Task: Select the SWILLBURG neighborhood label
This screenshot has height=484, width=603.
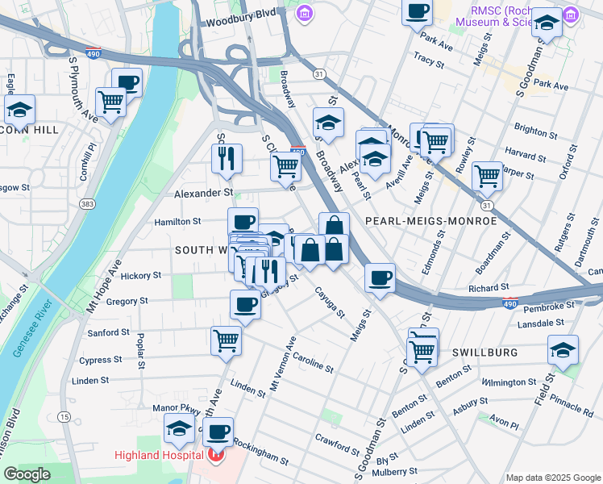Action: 484,353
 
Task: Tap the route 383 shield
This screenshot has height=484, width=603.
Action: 86,204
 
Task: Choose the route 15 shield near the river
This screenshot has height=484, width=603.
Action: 64,416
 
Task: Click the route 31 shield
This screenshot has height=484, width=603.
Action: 320,73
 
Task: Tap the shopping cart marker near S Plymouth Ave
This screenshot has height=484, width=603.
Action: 110,102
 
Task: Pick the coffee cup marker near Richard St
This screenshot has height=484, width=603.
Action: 380,278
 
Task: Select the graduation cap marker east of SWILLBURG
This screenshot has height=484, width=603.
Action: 563,349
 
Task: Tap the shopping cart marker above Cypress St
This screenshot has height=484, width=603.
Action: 227,340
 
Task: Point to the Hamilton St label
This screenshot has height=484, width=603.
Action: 179,221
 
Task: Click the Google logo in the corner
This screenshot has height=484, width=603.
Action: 27,474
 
